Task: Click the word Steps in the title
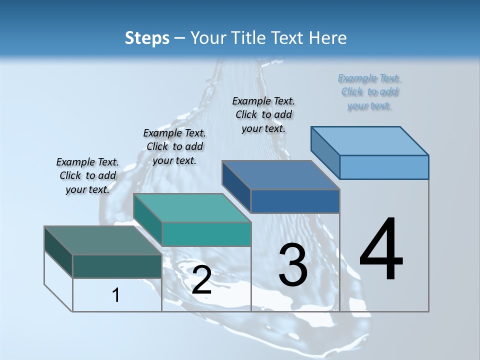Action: (147, 38)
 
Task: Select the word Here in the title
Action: (328, 38)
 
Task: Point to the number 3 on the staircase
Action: (293, 265)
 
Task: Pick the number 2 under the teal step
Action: (201, 280)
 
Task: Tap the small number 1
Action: (116, 295)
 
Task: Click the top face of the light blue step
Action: (370, 140)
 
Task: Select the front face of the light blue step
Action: (384, 167)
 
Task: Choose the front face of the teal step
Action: (206, 234)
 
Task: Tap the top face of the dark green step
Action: (103, 240)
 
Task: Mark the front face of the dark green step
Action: (117, 266)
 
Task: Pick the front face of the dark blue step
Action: (295, 201)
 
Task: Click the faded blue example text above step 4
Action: (369, 91)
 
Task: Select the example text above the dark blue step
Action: (263, 114)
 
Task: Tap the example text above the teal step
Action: (174, 146)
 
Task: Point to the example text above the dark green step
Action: (87, 175)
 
